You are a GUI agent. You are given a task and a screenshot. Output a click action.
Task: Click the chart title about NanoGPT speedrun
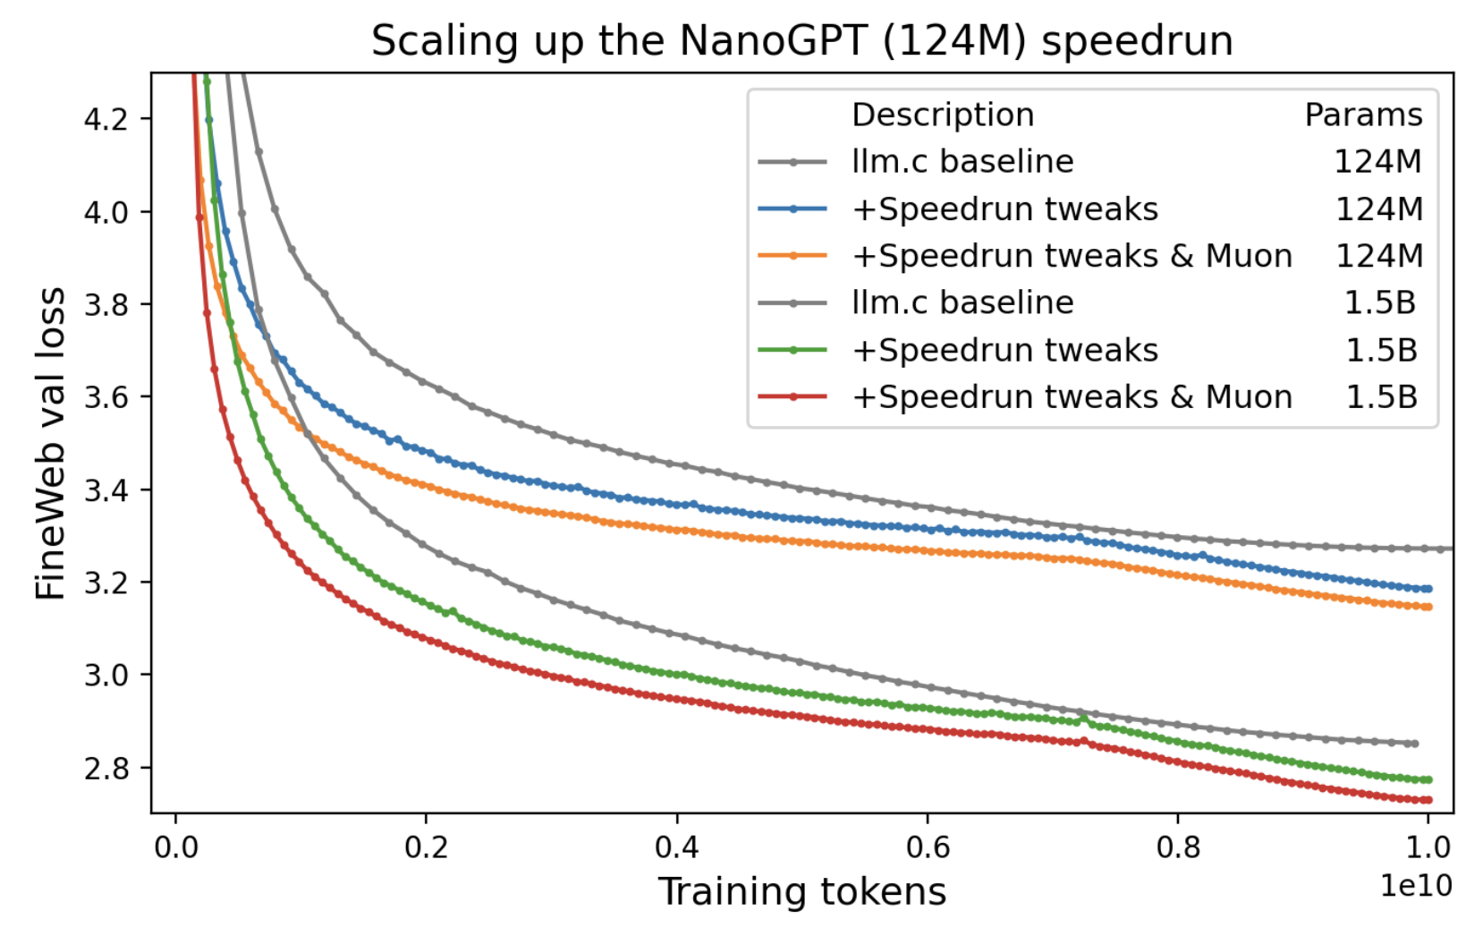coord(801,41)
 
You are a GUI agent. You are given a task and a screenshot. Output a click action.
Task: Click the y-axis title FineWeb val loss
coord(51,443)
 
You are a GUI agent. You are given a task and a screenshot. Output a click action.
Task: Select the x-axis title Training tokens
coord(801,892)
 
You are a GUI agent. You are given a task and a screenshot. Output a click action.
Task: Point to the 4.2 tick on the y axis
coord(106,119)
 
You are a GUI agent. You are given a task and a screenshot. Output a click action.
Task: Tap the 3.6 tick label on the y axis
coord(106,396)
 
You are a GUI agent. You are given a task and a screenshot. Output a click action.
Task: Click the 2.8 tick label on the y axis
coord(106,768)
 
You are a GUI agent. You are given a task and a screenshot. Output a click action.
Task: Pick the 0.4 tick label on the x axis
coord(676,847)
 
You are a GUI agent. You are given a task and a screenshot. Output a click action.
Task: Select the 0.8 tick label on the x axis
coord(1177,847)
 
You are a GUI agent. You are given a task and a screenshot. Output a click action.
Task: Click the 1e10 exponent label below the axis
coord(1415,886)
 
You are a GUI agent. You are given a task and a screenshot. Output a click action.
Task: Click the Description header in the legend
coord(943,115)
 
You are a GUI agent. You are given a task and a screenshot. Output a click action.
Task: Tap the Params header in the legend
coord(1363,115)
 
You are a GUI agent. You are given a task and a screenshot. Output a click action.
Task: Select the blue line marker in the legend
coord(792,208)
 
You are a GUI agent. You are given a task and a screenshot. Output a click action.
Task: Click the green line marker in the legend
coord(792,350)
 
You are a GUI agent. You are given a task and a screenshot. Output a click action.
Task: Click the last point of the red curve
coord(1428,800)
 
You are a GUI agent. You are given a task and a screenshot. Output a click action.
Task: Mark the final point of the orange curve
coord(1428,607)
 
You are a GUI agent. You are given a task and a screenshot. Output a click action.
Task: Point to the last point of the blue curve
coord(1428,589)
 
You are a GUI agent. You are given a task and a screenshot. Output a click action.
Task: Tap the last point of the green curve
coord(1428,779)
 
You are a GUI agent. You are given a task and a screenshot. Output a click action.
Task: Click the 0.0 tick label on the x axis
coord(175,847)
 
